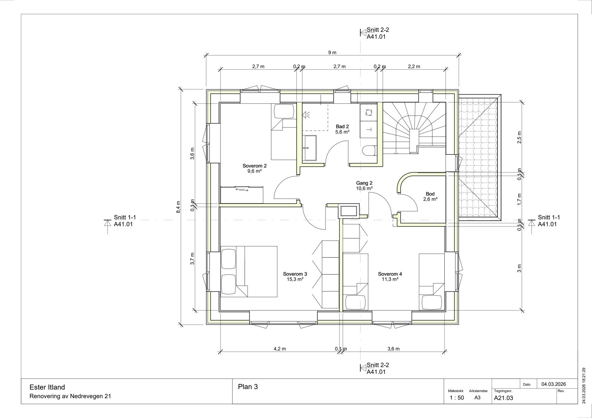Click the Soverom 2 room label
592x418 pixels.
255,166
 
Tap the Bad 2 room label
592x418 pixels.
342,127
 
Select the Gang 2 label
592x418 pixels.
364,183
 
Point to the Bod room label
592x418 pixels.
430,194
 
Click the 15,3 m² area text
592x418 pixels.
295,279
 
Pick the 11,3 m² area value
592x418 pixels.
390,279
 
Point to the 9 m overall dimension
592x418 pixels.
332,53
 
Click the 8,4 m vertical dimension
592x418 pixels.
178,207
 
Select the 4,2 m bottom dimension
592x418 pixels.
280,349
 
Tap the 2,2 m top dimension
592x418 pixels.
414,67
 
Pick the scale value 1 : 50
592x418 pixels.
457,397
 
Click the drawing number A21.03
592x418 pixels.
503,398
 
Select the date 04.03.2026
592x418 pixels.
554,384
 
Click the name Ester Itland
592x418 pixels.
47,387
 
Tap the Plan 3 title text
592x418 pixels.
248,387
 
